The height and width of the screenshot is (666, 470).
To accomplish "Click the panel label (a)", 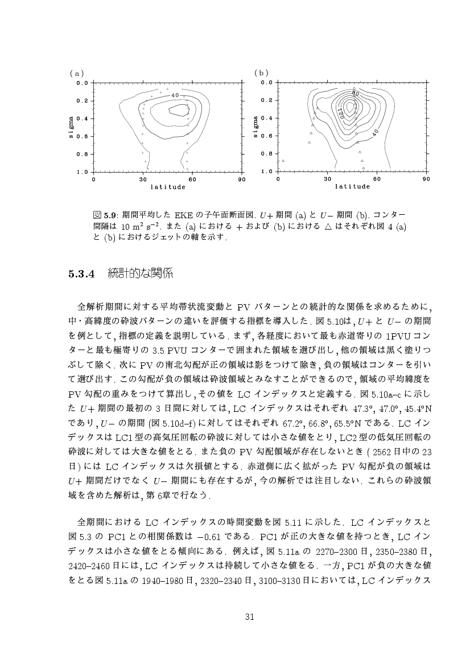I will click(x=76, y=73).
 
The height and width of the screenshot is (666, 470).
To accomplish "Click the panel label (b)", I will click(x=261, y=73).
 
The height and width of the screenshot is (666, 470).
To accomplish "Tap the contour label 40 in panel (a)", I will click(x=175, y=95).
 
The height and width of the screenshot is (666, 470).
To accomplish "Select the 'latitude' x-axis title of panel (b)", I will click(x=352, y=186).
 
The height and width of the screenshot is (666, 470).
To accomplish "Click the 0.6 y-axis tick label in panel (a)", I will click(x=83, y=136).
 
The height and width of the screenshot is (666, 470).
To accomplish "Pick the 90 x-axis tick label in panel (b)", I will click(x=426, y=179).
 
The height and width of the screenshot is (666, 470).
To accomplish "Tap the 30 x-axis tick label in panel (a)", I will click(x=143, y=179).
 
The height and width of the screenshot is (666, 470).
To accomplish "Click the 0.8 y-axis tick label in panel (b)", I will click(x=267, y=154).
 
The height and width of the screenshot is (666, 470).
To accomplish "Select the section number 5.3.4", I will click(x=80, y=274).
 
